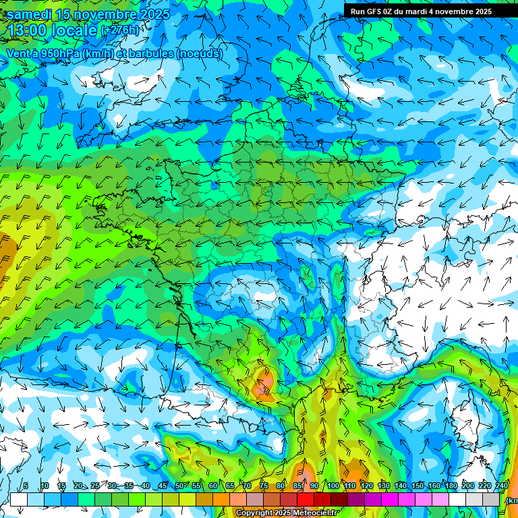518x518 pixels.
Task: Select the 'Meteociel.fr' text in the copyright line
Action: pos(319,513)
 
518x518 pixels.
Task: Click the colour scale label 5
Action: pos(25,486)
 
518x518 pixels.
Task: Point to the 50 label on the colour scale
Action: pos(179,486)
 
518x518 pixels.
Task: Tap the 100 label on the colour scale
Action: pos(333,486)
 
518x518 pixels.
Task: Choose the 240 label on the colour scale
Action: pos(502,486)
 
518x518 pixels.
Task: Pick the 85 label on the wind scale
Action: pos(297,486)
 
